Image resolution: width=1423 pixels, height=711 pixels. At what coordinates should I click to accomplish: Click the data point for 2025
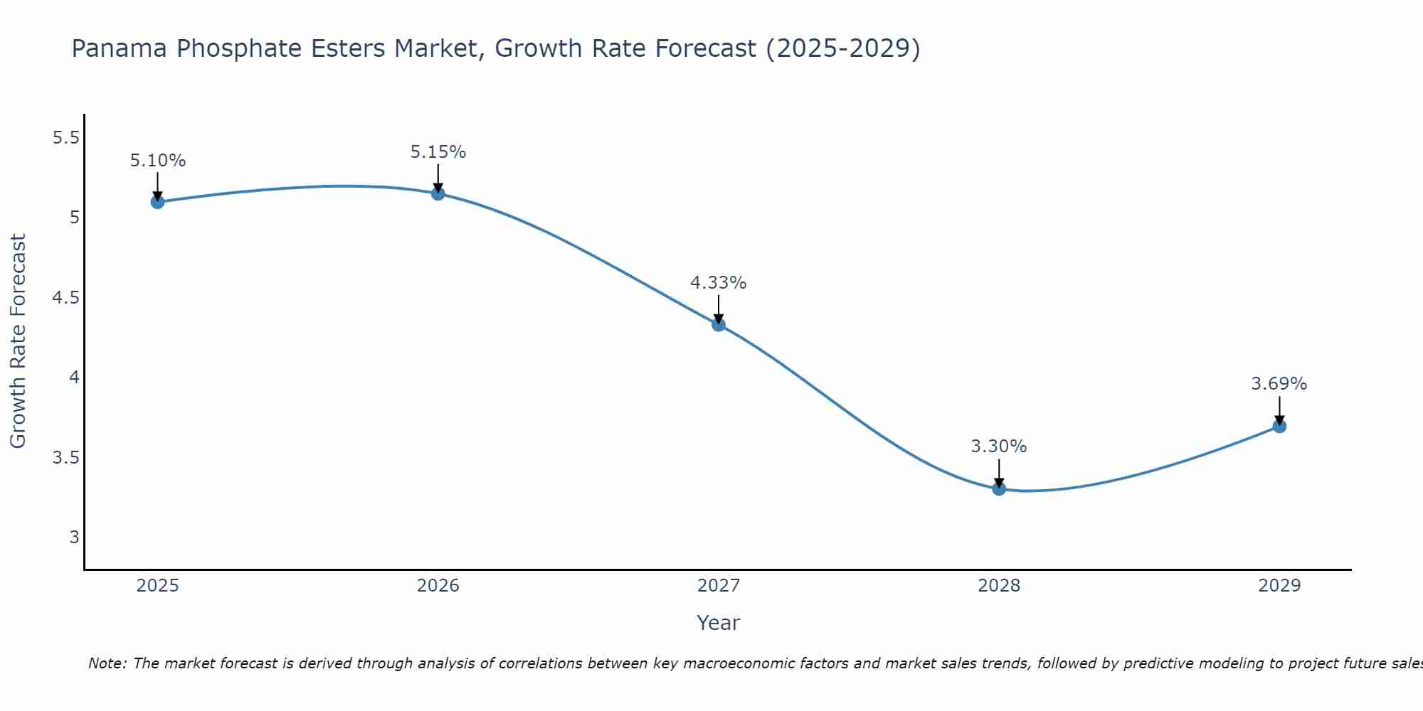pyautogui.click(x=157, y=202)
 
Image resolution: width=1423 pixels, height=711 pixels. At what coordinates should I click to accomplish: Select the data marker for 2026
pyautogui.click(x=438, y=193)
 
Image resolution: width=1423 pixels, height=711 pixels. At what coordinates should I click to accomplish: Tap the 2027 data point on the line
pyautogui.click(x=719, y=325)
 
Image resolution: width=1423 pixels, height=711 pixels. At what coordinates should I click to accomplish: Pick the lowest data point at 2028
pyautogui.click(x=999, y=488)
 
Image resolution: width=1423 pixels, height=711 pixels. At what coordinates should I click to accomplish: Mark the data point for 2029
pyautogui.click(x=1279, y=427)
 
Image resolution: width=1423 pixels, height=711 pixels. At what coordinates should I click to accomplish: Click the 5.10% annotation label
pyautogui.click(x=158, y=161)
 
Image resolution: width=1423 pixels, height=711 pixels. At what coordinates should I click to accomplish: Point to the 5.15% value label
pyautogui.click(x=438, y=152)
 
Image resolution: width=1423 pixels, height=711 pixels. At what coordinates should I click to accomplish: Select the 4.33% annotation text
pyautogui.click(x=719, y=283)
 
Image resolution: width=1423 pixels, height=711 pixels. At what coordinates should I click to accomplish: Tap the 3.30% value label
pyautogui.click(x=999, y=447)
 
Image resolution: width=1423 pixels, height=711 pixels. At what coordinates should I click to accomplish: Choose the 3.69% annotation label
pyautogui.click(x=1279, y=384)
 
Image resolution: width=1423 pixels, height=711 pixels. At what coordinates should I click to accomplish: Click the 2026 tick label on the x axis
pyautogui.click(x=438, y=586)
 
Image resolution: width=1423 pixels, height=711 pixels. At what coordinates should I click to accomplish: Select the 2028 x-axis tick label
pyautogui.click(x=999, y=586)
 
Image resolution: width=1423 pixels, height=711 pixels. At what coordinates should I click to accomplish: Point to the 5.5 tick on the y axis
pyautogui.click(x=65, y=138)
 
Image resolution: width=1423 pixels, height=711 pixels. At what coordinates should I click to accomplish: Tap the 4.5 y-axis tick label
pyautogui.click(x=65, y=298)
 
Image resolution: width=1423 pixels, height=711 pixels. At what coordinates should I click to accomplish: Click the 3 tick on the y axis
pyautogui.click(x=74, y=538)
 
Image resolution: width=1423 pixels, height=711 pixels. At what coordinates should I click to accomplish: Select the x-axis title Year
pyautogui.click(x=719, y=623)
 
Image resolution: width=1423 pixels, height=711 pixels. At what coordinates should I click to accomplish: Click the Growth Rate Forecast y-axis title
pyautogui.click(x=18, y=341)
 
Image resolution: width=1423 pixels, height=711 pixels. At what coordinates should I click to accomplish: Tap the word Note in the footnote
pyautogui.click(x=107, y=663)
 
